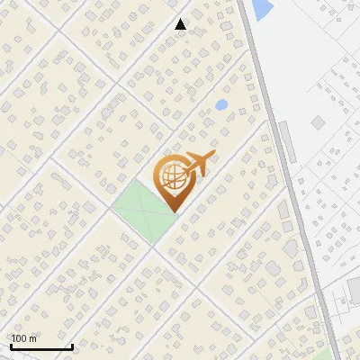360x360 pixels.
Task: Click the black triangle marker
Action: coord(181,25)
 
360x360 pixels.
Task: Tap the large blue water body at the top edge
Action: coord(262,9)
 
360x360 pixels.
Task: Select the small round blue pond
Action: coord(221,105)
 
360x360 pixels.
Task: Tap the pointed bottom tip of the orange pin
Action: coord(171,211)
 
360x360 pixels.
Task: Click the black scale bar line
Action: coord(40,347)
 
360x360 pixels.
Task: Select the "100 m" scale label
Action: coord(24,338)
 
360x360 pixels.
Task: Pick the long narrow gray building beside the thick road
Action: coord(285,139)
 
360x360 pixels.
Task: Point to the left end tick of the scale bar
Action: coord(10,346)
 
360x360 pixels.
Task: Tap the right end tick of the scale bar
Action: coord(72,346)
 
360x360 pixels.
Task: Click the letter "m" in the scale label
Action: coord(32,338)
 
